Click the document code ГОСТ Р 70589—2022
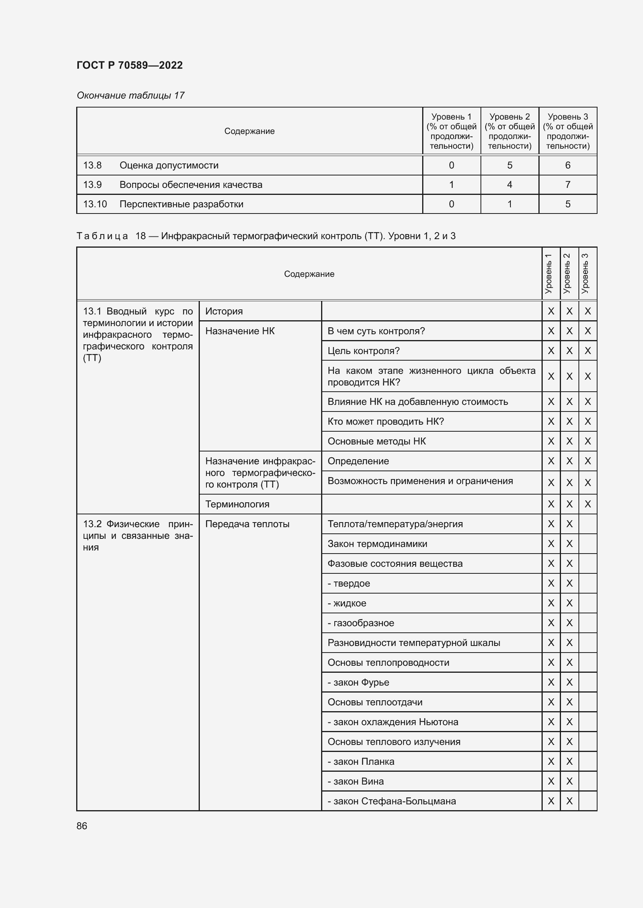tap(129, 65)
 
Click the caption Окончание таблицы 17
tap(130, 95)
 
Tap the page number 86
tap(82, 826)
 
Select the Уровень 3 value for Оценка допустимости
tap(567, 165)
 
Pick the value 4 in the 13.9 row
tap(509, 185)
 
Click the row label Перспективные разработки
tap(181, 204)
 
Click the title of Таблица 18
tap(266, 236)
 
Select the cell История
tap(224, 311)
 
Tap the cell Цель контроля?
tap(363, 351)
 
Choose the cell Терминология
tap(237, 504)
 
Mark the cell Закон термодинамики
tap(377, 544)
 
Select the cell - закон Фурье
tap(358, 682)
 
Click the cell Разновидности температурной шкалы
tap(413, 642)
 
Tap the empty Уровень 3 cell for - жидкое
tap(587, 603)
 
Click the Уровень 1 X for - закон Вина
tap(550, 781)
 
